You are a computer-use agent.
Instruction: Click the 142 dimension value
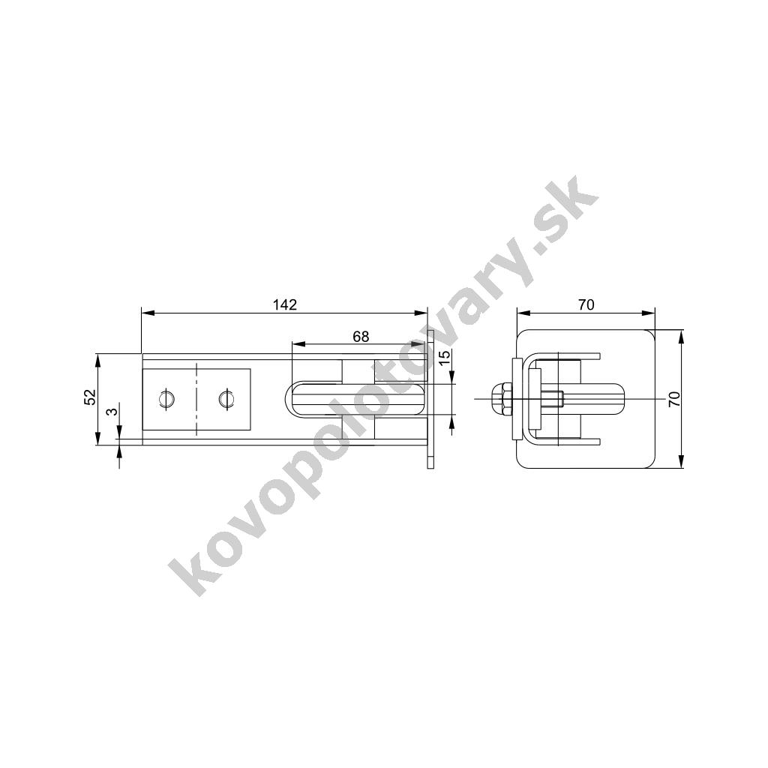(284, 304)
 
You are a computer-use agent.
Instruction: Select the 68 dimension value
(361, 337)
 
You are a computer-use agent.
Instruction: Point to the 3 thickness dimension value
(113, 412)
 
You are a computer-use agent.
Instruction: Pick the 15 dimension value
(444, 358)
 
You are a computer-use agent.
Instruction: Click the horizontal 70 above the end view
(586, 304)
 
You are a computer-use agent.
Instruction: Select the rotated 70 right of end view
(674, 399)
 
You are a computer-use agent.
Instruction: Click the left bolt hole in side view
(166, 398)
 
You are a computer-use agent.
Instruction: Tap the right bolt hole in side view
(226, 398)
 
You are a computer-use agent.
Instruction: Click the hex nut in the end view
(500, 399)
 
